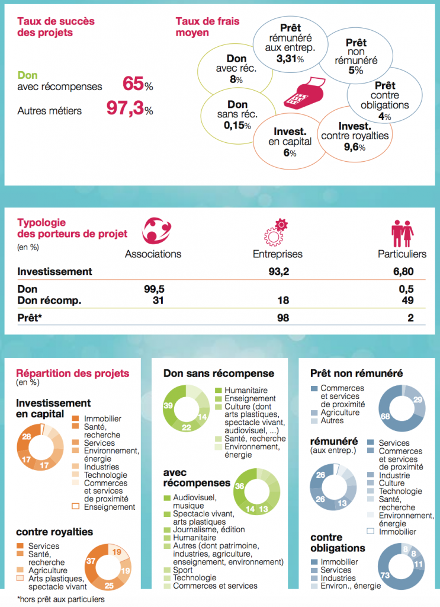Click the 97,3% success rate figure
pyautogui.click(x=130, y=108)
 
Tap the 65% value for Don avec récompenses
pyautogui.click(x=137, y=84)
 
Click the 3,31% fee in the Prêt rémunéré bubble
pyautogui.click(x=290, y=59)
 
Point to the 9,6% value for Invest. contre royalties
pyautogui.click(x=355, y=147)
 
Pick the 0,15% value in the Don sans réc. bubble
pyautogui.click(x=237, y=126)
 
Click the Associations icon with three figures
pyautogui.click(x=156, y=231)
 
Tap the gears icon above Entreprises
pyautogui.click(x=276, y=232)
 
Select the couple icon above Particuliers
pyautogui.click(x=402, y=234)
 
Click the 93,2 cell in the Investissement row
pyautogui.click(x=279, y=271)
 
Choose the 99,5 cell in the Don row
pyautogui.click(x=155, y=289)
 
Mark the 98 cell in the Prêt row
pyautogui.click(x=283, y=318)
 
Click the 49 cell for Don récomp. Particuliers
pyautogui.click(x=407, y=301)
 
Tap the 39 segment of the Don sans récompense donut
pyautogui.click(x=169, y=407)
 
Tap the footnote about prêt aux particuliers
pyautogui.click(x=61, y=599)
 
